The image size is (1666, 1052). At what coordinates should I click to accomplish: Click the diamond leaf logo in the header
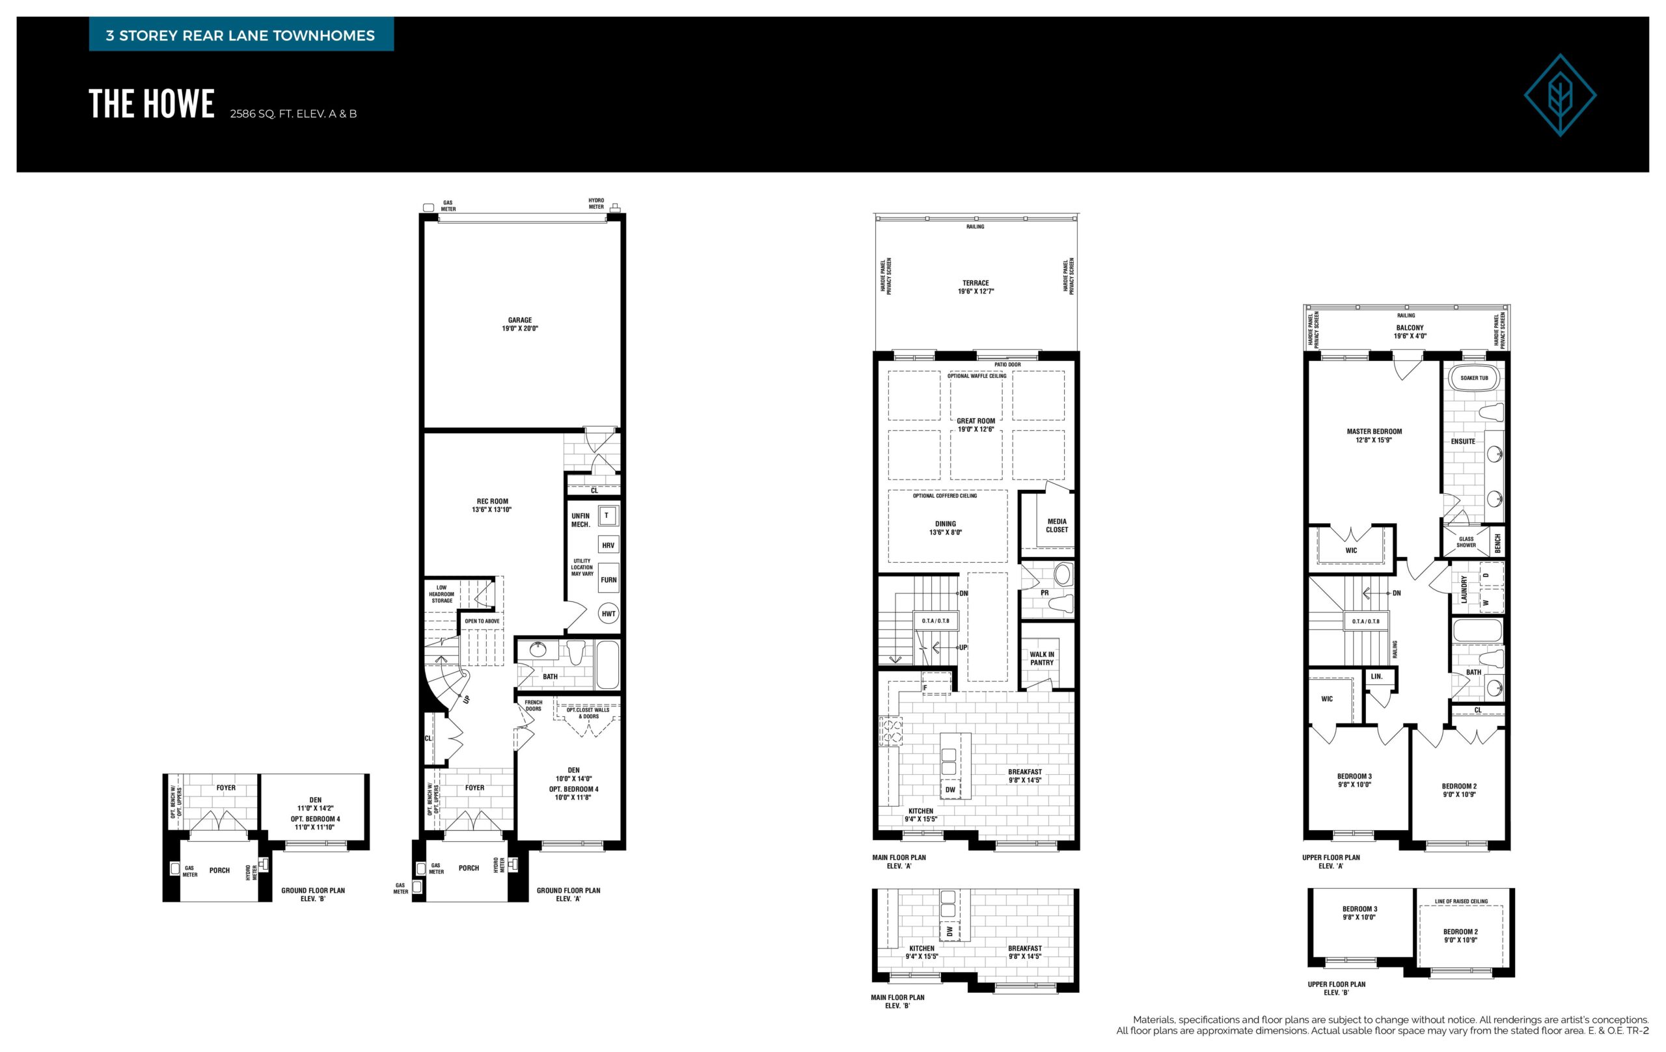click(1560, 95)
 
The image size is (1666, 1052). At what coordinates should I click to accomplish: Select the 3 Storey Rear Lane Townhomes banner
click(241, 35)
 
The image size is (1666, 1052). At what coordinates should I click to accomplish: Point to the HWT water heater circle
click(608, 614)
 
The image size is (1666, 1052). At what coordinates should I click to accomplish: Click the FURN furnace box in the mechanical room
click(608, 580)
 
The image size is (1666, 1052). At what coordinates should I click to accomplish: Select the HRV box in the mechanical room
click(608, 545)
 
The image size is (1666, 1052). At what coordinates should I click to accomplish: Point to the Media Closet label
click(1056, 526)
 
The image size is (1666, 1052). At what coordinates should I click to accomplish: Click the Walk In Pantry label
click(1042, 658)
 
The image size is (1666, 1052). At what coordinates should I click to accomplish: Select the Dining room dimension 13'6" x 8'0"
click(945, 533)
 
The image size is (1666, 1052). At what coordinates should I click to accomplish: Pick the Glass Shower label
click(1466, 542)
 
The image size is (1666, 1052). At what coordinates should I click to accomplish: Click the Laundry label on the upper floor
click(1464, 589)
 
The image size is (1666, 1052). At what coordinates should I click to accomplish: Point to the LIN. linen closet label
click(1376, 677)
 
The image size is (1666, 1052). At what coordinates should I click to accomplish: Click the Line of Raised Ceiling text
click(1461, 901)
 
